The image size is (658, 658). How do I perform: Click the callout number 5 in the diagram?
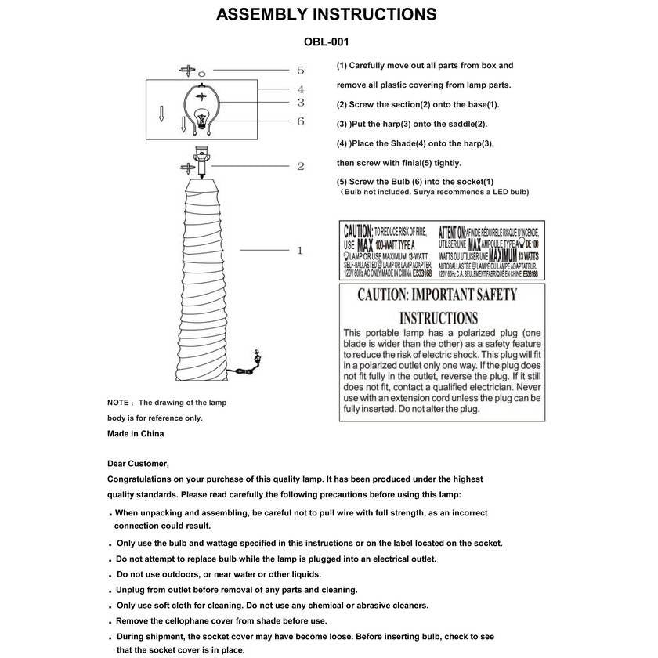[300, 70]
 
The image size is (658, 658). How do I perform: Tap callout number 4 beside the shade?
[300, 89]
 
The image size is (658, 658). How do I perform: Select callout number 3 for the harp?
[300, 103]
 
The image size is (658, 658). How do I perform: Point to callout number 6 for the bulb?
[300, 121]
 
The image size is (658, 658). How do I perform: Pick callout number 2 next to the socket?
[300, 166]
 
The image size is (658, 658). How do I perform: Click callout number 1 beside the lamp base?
[300, 251]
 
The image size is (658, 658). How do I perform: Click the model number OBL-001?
[326, 42]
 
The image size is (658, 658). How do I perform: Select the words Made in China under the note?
[136, 433]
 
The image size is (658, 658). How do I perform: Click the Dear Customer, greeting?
[138, 463]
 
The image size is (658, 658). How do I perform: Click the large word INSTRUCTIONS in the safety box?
[439, 319]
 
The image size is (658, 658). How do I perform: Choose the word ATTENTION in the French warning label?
[453, 231]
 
